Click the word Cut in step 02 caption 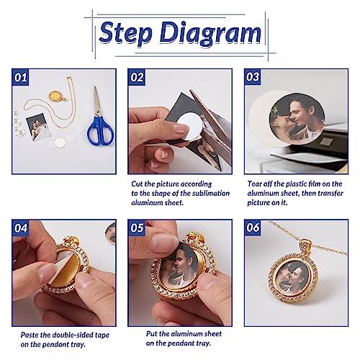point(137,184)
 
